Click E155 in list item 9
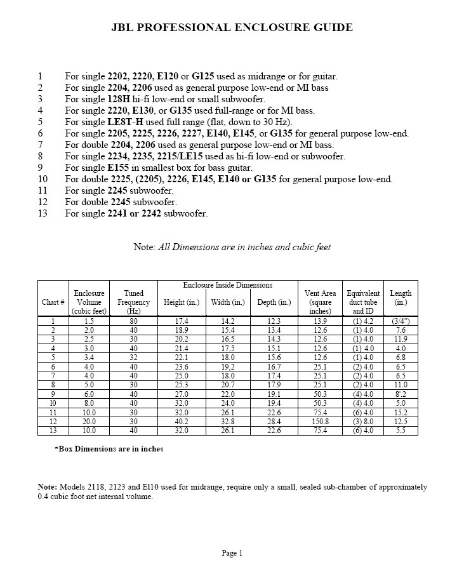pos(119,168)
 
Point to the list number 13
pos(43,213)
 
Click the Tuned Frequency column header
pos(134,302)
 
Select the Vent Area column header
pos(320,302)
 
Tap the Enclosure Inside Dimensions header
pos(227,286)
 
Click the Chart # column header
pos(53,302)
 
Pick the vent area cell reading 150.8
pos(320,422)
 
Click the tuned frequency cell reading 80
pos(133,322)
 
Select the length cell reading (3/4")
pos(401,322)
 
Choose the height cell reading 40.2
pos(182,422)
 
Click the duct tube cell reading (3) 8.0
pos(364,422)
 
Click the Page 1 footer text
pos(232,553)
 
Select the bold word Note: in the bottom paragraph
pos(48,487)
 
